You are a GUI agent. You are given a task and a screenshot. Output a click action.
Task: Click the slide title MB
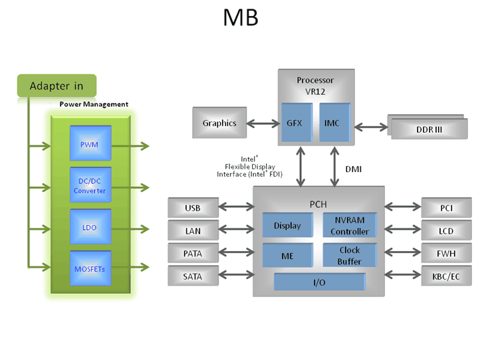(x=240, y=18)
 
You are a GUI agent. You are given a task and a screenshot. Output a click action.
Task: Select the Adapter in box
(x=57, y=86)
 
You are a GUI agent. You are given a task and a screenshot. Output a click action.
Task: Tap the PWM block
(x=90, y=145)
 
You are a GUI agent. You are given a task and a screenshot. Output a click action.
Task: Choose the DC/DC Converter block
(x=90, y=186)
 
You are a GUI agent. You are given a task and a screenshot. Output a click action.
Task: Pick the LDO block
(x=90, y=228)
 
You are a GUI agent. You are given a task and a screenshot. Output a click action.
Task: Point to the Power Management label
(x=94, y=104)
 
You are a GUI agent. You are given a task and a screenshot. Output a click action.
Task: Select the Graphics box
(x=219, y=124)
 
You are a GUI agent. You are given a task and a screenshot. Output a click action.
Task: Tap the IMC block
(x=332, y=124)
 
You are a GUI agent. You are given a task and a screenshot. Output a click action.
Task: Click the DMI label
(x=354, y=169)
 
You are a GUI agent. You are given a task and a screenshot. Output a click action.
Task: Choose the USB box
(x=193, y=208)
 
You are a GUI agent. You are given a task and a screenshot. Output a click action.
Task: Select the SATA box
(x=193, y=275)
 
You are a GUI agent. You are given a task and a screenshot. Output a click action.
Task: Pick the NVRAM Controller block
(x=350, y=226)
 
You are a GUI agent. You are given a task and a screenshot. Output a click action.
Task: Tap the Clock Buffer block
(x=350, y=256)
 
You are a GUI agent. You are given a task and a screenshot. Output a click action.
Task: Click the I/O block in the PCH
(x=319, y=282)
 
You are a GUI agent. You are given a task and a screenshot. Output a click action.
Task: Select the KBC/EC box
(x=446, y=275)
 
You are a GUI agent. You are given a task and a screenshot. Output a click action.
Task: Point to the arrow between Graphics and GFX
(x=262, y=124)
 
